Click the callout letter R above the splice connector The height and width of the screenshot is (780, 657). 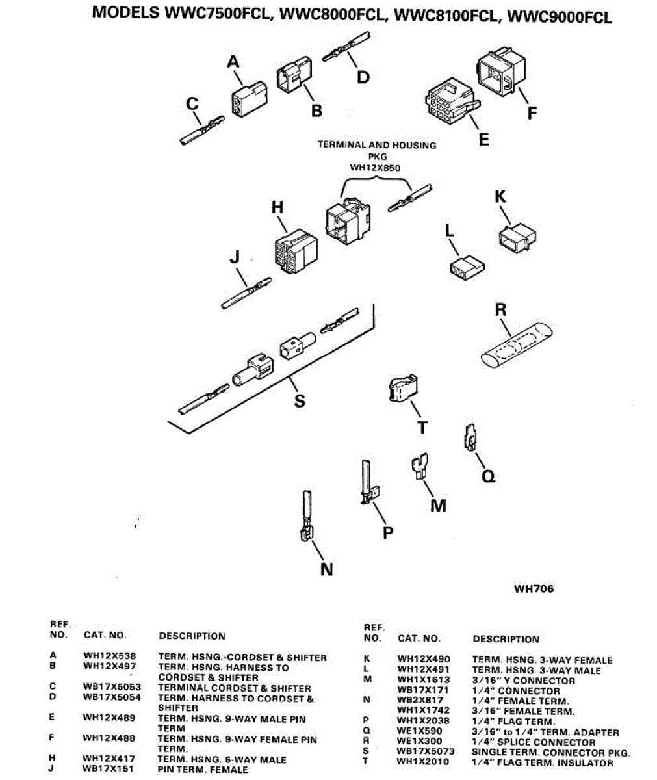[x=500, y=309]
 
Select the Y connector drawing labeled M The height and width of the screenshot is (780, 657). [x=420, y=468]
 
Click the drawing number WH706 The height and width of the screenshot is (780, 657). [x=534, y=589]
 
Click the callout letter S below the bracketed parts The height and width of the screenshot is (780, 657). [x=300, y=400]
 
